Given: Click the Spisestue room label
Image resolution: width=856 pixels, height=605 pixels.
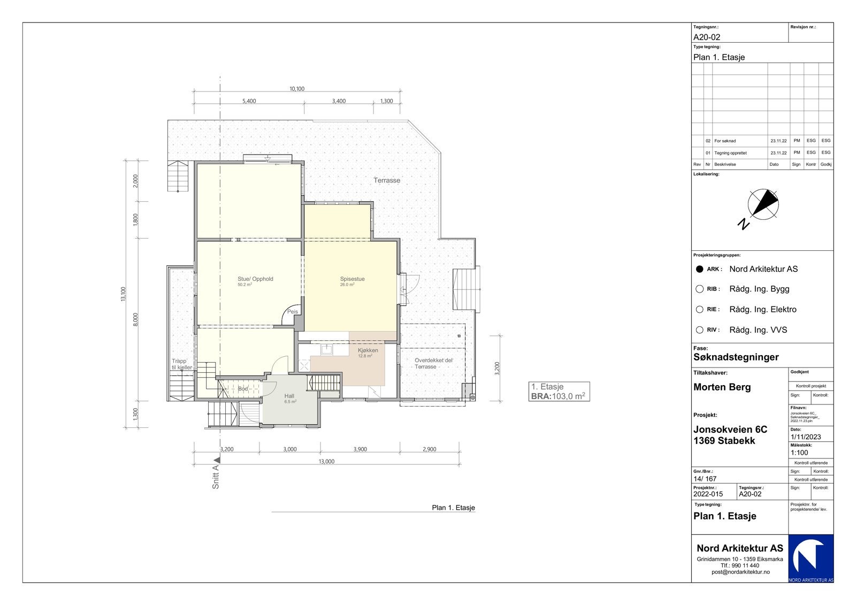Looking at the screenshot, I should click(x=352, y=279).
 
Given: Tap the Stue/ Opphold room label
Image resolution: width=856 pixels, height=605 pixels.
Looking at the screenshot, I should click(x=255, y=279).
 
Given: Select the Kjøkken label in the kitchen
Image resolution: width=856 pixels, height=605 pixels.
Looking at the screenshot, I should click(x=368, y=350).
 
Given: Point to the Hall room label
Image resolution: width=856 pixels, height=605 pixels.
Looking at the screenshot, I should click(x=289, y=396).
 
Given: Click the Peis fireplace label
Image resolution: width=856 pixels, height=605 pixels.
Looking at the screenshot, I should click(x=293, y=311).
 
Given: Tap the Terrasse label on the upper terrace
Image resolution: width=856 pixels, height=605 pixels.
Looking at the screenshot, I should click(x=387, y=180).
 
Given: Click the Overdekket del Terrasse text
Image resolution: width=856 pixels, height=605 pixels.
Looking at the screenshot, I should click(x=433, y=363).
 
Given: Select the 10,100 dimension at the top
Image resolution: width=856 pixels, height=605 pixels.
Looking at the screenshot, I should click(x=297, y=89).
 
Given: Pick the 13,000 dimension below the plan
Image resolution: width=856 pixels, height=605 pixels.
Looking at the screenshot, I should click(x=326, y=462).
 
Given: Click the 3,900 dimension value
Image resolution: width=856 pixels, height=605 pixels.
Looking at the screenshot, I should click(x=360, y=449).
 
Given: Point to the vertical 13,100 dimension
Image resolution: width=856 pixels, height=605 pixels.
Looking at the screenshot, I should click(x=124, y=294).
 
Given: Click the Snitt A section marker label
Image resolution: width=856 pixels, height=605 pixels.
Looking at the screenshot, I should click(x=216, y=477).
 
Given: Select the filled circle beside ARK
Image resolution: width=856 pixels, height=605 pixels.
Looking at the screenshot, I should click(x=699, y=269).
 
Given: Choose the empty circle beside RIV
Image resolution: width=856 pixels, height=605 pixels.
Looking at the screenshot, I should click(x=699, y=330).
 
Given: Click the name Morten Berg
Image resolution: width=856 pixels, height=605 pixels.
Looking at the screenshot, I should click(x=722, y=387).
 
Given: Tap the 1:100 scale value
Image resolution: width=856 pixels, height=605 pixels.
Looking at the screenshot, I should click(x=799, y=453).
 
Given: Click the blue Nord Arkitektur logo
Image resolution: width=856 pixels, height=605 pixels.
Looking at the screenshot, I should click(x=811, y=558).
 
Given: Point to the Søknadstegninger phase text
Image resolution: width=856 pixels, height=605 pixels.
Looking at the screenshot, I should click(x=736, y=357).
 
